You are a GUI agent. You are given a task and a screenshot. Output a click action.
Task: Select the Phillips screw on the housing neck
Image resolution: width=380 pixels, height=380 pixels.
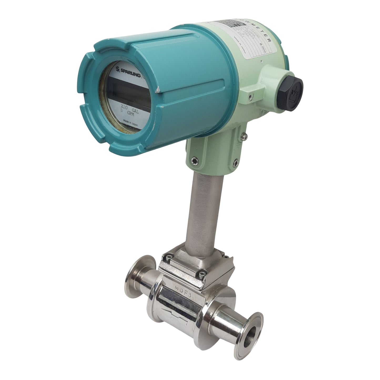pyautogui.click(x=245, y=136)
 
